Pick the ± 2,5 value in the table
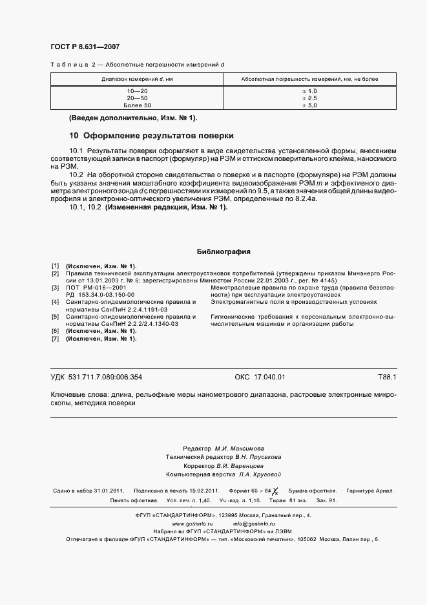(309, 98)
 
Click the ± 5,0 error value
(309, 105)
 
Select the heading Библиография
(223, 252)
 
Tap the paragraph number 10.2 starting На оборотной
(76, 175)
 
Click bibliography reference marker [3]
(55, 287)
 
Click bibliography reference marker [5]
(55, 316)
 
